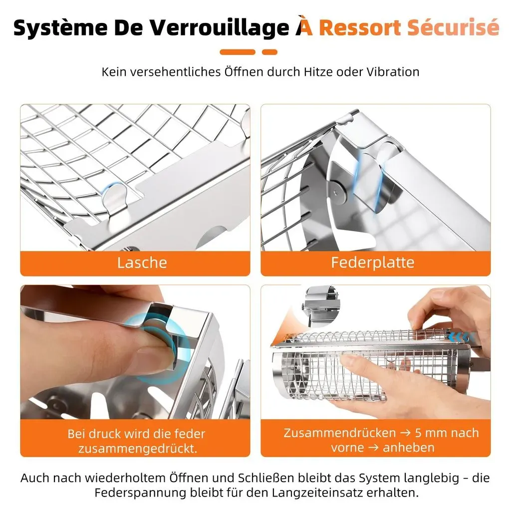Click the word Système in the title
coord(60,28)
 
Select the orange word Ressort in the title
coord(360,27)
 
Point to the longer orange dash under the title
coord(237,52)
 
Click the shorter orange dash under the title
coord(269,52)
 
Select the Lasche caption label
coord(142,262)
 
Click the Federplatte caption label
coord(372,262)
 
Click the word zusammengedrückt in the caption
coord(138,449)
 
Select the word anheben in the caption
coord(409,448)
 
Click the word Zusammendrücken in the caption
coord(339,433)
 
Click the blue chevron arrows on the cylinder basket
coord(460,337)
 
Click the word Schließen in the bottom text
coord(266,478)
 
